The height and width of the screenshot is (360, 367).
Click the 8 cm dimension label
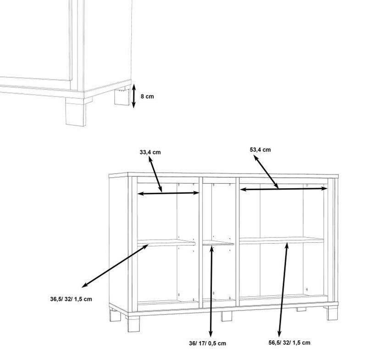pyautogui.click(x=147, y=96)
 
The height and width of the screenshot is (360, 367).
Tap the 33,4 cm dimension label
pyautogui.click(x=150, y=152)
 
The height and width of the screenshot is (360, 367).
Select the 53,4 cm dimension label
pyautogui.click(x=260, y=150)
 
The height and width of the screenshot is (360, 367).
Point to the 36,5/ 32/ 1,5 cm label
pyautogui.click(x=71, y=299)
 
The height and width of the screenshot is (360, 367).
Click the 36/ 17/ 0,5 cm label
pyautogui.click(x=207, y=343)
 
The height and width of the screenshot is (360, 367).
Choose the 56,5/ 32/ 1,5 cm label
pyautogui.click(x=289, y=343)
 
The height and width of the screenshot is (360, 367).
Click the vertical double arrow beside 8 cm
pyautogui.click(x=133, y=96)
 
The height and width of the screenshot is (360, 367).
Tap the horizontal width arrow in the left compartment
pyautogui.click(x=168, y=193)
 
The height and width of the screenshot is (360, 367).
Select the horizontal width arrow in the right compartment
pyautogui.click(x=284, y=189)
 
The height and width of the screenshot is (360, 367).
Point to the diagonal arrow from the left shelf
pyautogui.click(x=115, y=265)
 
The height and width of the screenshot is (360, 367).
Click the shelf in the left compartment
pyautogui.click(x=166, y=242)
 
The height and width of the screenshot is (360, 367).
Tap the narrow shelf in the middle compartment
pyautogui.click(x=218, y=243)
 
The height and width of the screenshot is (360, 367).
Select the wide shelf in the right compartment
pyautogui.click(x=282, y=241)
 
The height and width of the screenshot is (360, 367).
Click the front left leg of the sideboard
pyautogui.click(x=133, y=324)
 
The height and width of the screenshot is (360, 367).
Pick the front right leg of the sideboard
pyautogui.click(x=332, y=313)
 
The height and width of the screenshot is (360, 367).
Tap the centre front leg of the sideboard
pyautogui.click(x=227, y=316)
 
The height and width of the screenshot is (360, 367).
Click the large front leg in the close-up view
pyautogui.click(x=76, y=112)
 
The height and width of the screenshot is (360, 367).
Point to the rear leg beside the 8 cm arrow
pyautogui.click(x=122, y=96)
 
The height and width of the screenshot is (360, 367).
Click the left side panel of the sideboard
pyautogui.click(x=118, y=243)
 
